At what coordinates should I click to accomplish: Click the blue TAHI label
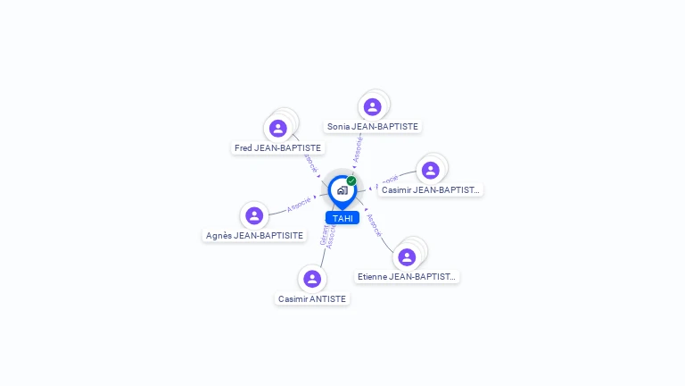point(342,218)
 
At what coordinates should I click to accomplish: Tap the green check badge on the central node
point(351,181)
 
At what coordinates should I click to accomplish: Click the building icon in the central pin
point(342,190)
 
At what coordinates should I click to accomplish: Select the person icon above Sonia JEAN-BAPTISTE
point(373,107)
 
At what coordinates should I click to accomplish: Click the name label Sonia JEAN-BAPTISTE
point(373,127)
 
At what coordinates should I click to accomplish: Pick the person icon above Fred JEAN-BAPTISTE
point(278,129)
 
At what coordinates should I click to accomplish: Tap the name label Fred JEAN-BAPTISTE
point(277,147)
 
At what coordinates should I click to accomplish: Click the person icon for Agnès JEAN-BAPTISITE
point(254,215)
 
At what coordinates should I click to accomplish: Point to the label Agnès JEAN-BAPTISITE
point(254,236)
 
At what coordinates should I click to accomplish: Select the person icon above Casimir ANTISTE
point(311,279)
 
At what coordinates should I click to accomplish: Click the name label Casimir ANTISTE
point(312,299)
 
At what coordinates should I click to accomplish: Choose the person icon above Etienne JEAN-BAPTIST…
point(407,257)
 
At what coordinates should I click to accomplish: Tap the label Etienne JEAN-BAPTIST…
point(407,277)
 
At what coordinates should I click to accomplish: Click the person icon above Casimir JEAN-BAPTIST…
point(430,171)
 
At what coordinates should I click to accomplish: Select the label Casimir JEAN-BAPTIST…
point(431,189)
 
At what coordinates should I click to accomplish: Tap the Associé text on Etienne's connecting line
point(375,224)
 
